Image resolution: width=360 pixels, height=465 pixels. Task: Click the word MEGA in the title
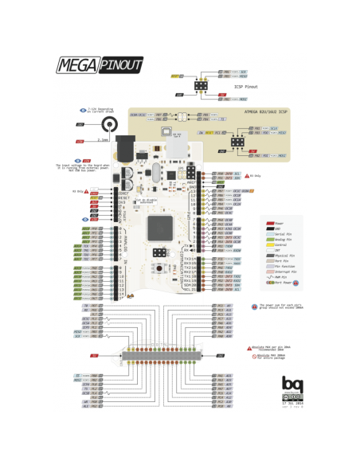pyautogui.click(x=72, y=64)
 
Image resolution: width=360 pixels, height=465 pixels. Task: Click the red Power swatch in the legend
pyautogui.click(x=270, y=223)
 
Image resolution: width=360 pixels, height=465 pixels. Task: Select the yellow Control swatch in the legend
pyautogui.click(x=270, y=244)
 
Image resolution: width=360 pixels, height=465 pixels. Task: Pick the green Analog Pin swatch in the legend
pyautogui.click(x=270, y=239)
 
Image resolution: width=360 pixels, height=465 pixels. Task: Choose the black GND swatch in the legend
pyautogui.click(x=270, y=229)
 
